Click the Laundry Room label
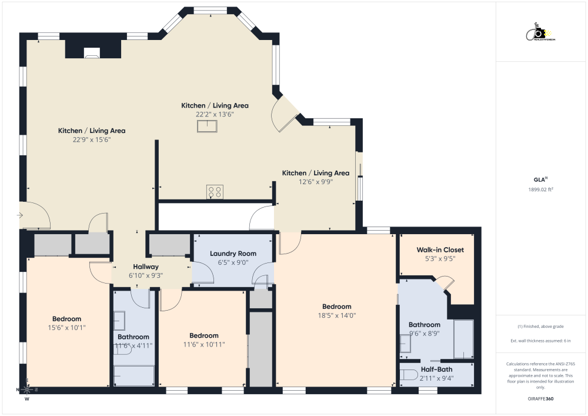coord(233,254)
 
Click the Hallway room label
coord(145,267)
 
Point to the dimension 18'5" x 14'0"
coord(336,315)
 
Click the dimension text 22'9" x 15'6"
coord(91,139)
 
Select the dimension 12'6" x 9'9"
coord(316,182)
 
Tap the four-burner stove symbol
coord(215,191)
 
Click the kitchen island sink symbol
coord(207,125)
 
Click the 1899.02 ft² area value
coord(542,189)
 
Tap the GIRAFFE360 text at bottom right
coord(541,399)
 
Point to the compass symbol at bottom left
coord(27,389)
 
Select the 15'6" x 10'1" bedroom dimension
coord(66,328)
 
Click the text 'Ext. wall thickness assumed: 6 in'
coord(541,341)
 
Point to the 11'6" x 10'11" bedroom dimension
coord(204,344)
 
